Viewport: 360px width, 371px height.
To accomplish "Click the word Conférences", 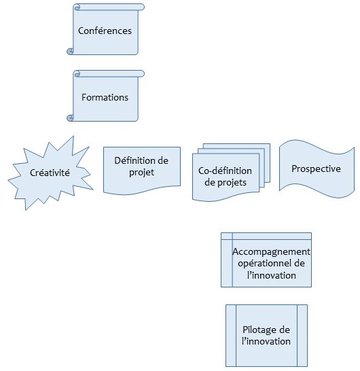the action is (105, 31).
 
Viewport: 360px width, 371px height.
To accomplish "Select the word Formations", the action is (105, 97).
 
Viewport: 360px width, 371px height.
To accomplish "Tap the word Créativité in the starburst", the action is (50, 173).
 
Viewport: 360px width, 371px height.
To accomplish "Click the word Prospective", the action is (316, 169).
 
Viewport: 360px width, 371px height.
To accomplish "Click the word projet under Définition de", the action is (141, 173).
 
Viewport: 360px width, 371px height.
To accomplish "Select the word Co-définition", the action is (225, 171).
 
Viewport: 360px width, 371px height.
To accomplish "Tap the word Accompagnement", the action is (271, 251).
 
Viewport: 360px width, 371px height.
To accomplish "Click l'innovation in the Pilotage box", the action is (266, 341).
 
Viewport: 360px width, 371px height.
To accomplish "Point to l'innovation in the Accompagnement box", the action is (271, 275).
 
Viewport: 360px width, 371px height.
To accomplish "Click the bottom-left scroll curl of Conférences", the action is (70, 51).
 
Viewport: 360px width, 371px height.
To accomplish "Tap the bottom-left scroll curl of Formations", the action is (70, 118).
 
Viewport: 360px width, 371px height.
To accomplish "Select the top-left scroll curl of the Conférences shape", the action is (77, 7).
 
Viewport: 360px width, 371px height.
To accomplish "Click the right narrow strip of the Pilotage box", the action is (302, 336).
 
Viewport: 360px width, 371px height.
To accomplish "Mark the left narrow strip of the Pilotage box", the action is (231, 336).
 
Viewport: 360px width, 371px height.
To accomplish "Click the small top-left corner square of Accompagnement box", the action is (227, 236).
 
